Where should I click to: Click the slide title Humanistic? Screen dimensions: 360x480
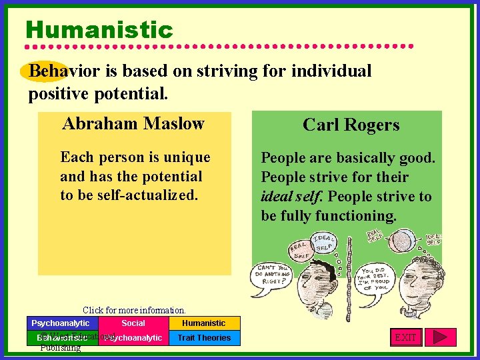tap(99, 30)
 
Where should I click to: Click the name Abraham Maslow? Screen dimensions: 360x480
tap(133, 124)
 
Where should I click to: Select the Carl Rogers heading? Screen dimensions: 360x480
tap(351, 125)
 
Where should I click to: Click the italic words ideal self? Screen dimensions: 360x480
tap(292, 197)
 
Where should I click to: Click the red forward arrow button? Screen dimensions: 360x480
tap(440, 337)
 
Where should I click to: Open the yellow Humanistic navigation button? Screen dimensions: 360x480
tap(204, 323)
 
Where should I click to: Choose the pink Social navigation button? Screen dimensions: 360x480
tap(133, 323)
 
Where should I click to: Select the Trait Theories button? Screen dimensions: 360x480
tap(204, 338)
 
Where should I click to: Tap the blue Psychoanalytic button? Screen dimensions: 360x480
tap(60, 323)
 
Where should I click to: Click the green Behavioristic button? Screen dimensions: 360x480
tap(60, 338)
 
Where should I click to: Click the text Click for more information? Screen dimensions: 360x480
tap(134, 310)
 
